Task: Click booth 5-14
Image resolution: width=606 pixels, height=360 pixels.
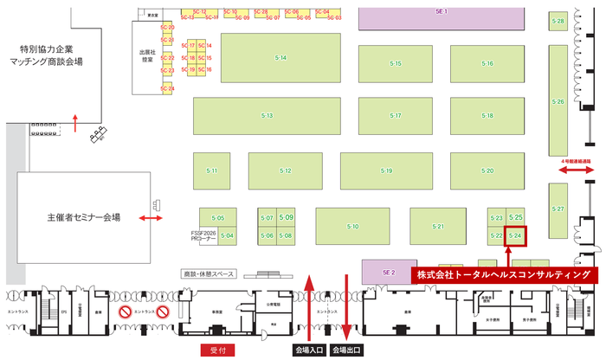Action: (281, 58)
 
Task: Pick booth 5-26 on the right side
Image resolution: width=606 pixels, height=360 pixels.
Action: (558, 102)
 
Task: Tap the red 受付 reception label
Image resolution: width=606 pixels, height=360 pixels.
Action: (217, 350)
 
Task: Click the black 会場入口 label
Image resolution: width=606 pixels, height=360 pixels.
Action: (310, 350)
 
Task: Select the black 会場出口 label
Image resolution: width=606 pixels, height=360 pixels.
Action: (348, 350)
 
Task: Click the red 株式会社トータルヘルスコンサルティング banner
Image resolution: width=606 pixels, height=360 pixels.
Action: (505, 274)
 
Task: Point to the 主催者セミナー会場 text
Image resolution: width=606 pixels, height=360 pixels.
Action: (84, 217)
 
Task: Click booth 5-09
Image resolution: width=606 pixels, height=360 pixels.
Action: (287, 217)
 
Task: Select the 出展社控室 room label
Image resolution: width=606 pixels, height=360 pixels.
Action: (144, 55)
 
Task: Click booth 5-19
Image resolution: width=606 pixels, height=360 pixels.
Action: (386, 170)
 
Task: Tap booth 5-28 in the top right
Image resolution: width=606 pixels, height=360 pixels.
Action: (558, 21)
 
